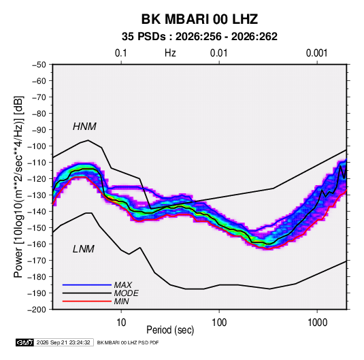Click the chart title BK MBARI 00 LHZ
click(199, 19)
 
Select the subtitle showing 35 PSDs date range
click(199, 37)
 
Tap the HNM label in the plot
click(84, 127)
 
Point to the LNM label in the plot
click(84, 249)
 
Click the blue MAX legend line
click(87, 284)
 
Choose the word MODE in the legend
click(127, 293)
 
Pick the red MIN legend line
click(87, 301)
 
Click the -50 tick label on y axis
click(39, 65)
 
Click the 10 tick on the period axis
click(121, 323)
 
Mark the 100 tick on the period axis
click(219, 323)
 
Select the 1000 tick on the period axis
click(317, 323)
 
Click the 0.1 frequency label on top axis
click(121, 53)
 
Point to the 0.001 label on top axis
click(317, 53)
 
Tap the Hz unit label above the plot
click(170, 53)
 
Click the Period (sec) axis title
click(170, 330)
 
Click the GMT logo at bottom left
click(25, 342)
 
